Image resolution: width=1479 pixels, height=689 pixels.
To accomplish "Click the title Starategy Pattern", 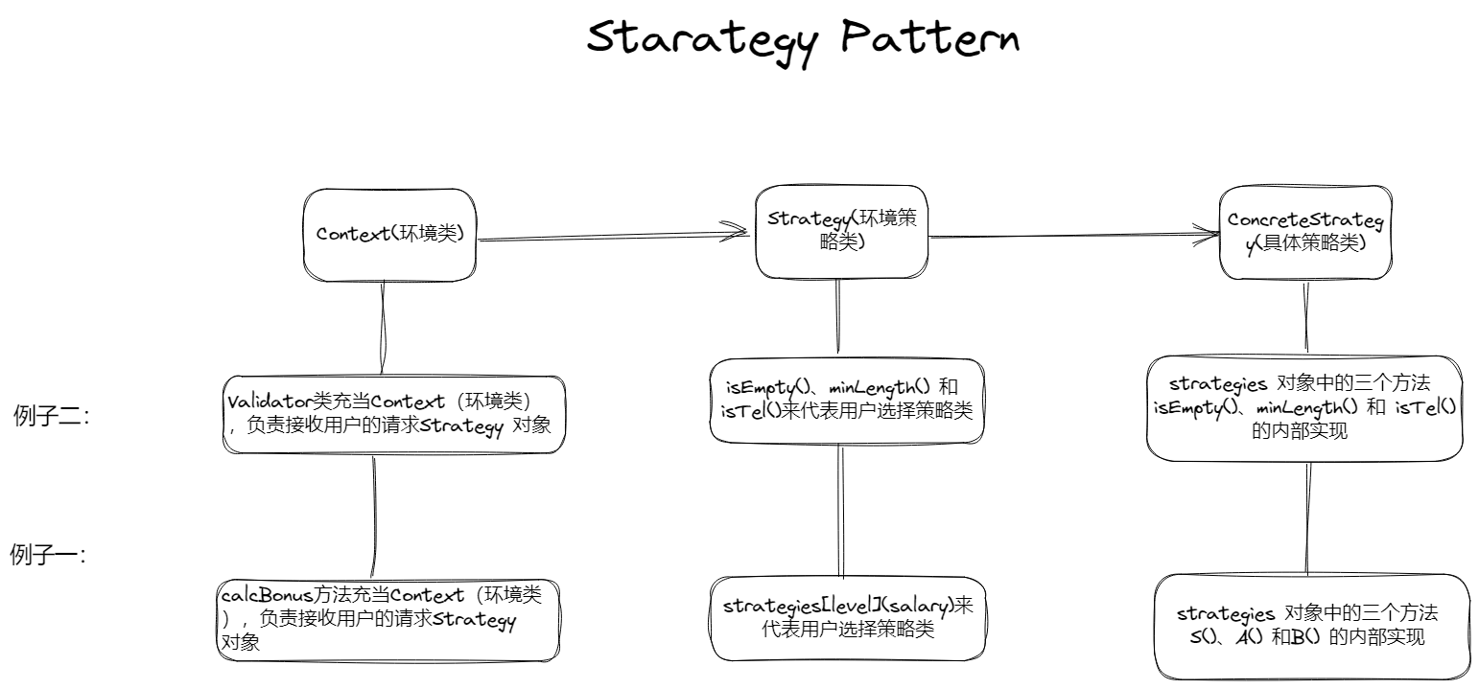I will click(802, 39).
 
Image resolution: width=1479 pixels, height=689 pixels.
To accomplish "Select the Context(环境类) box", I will click(390, 235).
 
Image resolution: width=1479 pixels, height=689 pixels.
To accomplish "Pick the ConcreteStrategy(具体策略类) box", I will click(1304, 233).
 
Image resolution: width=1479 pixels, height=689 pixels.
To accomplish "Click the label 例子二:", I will click(51, 416).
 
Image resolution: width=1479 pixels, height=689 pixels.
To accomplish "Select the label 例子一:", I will click(48, 555).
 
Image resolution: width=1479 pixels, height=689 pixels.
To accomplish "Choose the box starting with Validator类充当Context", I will click(392, 414).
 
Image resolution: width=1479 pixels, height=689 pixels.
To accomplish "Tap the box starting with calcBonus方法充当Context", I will click(388, 619).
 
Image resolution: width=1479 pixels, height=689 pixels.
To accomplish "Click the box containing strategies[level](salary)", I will click(848, 618).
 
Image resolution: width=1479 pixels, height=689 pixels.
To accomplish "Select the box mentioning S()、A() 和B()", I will click(1310, 627).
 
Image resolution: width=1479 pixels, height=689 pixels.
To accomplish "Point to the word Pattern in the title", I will click(928, 39).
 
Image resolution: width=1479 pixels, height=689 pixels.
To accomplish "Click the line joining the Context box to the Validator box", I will click(384, 328).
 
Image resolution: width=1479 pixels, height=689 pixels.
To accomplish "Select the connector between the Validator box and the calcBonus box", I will click(373, 516).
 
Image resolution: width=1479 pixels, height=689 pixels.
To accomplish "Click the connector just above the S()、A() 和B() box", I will click(1306, 517).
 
